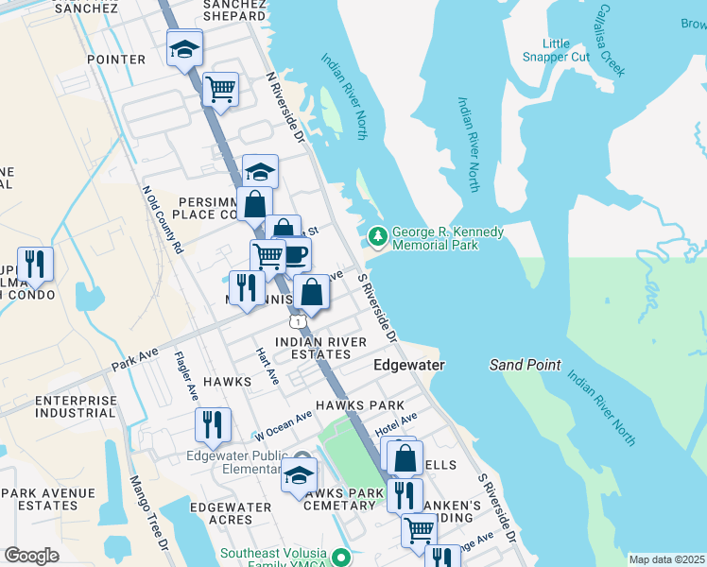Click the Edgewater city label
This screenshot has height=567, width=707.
[409, 364]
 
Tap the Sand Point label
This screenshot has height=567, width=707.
[525, 365]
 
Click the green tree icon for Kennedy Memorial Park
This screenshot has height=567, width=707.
[378, 235]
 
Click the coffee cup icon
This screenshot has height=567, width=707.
[295, 253]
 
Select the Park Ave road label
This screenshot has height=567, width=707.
[135, 361]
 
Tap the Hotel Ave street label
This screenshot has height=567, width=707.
[395, 425]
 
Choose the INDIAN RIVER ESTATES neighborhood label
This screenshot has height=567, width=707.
[313, 348]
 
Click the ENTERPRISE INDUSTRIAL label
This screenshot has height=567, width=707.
[76, 406]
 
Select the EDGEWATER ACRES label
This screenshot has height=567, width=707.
[231, 514]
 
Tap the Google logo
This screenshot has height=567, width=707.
[31, 556]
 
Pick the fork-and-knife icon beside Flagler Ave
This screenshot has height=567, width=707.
[213, 425]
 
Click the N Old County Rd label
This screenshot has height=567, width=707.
[162, 218]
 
